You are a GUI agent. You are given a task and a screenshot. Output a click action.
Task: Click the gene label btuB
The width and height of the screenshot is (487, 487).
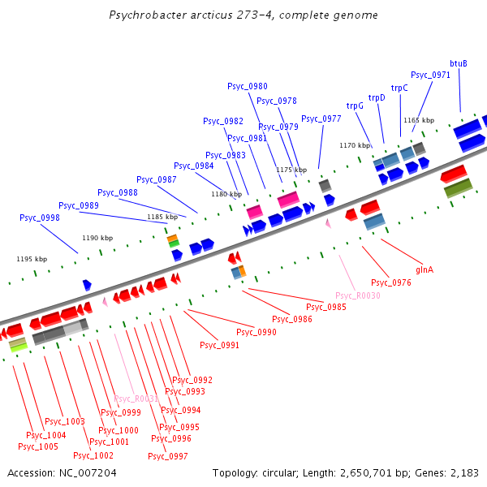coord(459,63)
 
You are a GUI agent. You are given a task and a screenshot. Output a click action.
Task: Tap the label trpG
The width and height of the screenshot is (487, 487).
coord(355,106)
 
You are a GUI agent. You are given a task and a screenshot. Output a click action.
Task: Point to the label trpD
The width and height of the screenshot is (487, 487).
coord(377,97)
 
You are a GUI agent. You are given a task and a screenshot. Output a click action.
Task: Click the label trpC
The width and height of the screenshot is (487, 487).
coord(399,88)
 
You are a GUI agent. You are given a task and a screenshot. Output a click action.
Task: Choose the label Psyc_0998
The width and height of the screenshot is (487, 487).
coord(40,218)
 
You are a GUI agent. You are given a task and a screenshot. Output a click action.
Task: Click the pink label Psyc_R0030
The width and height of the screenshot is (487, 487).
coord(358,295)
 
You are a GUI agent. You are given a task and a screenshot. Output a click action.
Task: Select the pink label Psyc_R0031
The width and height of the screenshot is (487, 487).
coord(136,399)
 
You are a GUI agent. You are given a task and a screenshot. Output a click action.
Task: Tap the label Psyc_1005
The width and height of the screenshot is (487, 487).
coord(38,446)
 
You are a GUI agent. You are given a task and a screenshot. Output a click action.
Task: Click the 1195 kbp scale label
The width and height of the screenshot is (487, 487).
coord(32,259)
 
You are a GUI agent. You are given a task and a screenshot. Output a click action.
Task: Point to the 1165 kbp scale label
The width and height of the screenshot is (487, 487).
coord(419,120)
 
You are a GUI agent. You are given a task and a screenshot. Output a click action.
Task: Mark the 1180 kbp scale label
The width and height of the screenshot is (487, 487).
coord(226,194)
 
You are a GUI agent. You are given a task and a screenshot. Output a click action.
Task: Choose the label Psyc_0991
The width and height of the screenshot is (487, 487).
coord(219,345)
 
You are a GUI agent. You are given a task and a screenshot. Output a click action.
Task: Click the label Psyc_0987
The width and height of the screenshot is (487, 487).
coord(157,179)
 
